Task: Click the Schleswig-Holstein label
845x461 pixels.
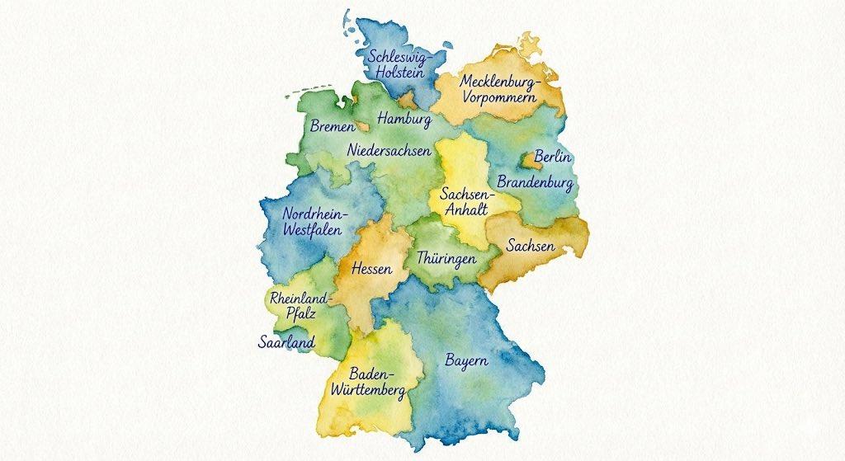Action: [396, 64]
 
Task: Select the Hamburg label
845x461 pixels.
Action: [404, 120]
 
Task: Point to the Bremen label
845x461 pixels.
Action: [333, 127]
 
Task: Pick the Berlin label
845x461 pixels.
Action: [553, 156]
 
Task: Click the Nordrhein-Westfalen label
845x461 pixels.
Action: [315, 222]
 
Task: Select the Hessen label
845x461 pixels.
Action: [371, 269]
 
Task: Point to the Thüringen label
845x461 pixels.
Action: [446, 258]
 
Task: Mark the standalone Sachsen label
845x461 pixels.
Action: [531, 247]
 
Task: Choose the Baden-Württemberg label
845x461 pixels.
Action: [367, 380]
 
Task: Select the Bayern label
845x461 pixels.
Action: [466, 360]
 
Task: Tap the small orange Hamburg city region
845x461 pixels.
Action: [408, 101]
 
